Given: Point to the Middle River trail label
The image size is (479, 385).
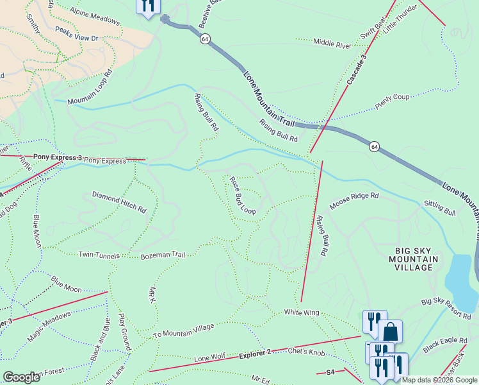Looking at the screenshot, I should pyautogui.click(x=332, y=44).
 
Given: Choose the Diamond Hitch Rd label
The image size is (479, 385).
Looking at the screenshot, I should pyautogui.click(x=119, y=201).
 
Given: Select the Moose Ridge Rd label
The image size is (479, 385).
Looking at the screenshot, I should pyautogui.click(x=354, y=201).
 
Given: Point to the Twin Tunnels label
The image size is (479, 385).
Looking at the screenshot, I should pyautogui.click(x=99, y=255).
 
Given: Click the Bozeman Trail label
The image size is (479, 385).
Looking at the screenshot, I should pyautogui.click(x=163, y=255).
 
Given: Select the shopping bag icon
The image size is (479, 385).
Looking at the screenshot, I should pyautogui.click(x=390, y=332).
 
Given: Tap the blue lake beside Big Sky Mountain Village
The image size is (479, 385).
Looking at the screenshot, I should pyautogui.click(x=460, y=274).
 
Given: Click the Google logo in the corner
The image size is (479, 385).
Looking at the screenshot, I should pyautogui.click(x=21, y=377).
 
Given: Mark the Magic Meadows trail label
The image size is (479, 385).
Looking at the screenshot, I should pyautogui.click(x=49, y=327).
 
